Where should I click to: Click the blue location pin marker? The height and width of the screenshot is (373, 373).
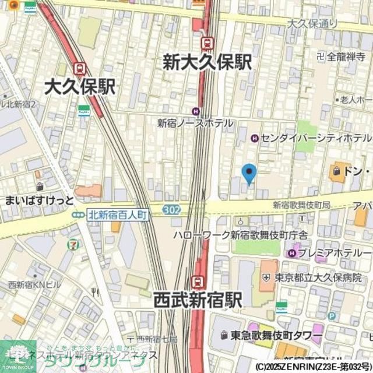tap(249, 173)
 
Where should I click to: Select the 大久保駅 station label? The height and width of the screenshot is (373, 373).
tap(80, 87)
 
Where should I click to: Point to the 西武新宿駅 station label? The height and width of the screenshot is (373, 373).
tap(198, 300)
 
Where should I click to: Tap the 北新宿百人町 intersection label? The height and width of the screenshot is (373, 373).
tap(118, 215)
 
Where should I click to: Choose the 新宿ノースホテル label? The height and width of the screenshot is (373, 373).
tap(195, 123)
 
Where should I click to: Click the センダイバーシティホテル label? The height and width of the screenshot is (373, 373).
tap(315, 138)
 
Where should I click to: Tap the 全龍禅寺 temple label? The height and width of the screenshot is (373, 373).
tap(341, 57)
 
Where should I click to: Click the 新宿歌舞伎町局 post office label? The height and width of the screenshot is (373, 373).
tap(301, 205)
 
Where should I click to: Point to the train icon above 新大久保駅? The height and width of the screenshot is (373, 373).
tap(207, 43)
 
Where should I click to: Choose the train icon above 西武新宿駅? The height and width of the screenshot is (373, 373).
tap(199, 282)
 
